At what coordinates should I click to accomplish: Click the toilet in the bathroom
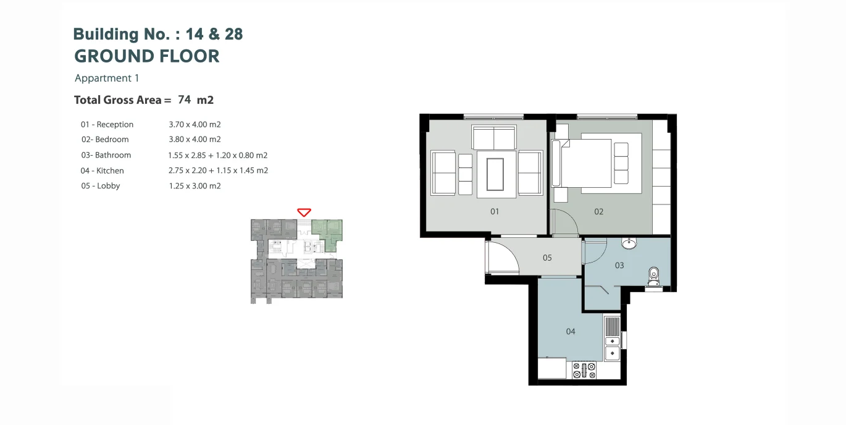click(x=654, y=276)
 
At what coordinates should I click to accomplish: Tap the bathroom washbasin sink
click(x=629, y=243)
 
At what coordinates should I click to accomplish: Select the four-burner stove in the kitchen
click(x=584, y=370)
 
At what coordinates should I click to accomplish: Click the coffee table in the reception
click(x=495, y=175)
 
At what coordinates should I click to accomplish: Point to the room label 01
click(x=495, y=211)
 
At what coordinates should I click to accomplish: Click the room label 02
click(x=598, y=211)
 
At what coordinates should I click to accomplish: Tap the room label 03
click(x=619, y=265)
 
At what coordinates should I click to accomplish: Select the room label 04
click(x=571, y=331)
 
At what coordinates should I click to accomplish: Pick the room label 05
click(x=547, y=258)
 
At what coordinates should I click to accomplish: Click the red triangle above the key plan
click(x=304, y=212)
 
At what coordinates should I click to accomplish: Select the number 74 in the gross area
click(x=184, y=99)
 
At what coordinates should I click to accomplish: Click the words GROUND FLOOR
click(x=146, y=56)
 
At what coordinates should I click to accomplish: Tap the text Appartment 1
click(x=107, y=78)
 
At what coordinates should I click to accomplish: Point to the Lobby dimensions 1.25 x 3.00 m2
click(x=195, y=186)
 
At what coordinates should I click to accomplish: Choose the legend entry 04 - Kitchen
click(x=102, y=170)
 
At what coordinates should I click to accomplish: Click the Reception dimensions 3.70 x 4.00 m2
click(x=195, y=124)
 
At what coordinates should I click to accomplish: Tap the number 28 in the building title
click(x=233, y=34)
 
